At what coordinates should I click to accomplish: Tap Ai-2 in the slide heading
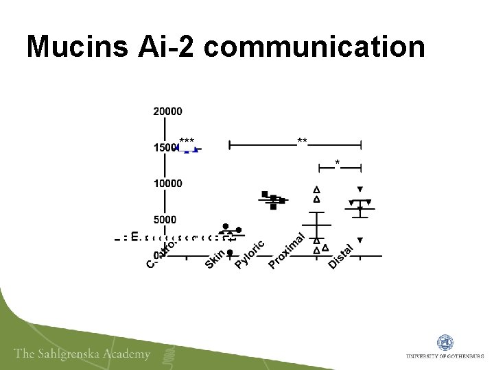pos(175,47)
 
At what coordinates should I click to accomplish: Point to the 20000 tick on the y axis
pos(168,111)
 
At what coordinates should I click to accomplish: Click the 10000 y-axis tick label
pos(168,183)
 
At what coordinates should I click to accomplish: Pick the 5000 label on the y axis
pos(165,219)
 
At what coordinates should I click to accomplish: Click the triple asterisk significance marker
pos(187,140)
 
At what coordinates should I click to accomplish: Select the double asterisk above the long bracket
pos(302,140)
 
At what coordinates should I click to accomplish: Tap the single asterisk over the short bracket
pos(337,162)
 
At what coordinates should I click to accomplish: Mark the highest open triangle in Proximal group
pos(316,189)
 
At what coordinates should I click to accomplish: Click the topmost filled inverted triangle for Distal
pos(360,189)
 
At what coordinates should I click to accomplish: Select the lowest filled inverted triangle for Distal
pos(360,240)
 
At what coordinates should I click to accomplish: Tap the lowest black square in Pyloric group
pos(273,206)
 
